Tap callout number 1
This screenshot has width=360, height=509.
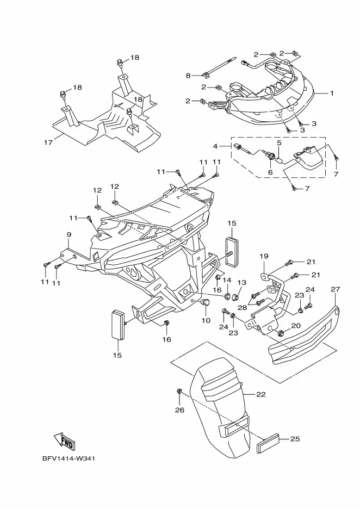pyautogui.click(x=332, y=94)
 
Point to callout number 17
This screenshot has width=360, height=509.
pyautogui.click(x=47, y=143)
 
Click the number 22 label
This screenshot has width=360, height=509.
pyautogui.click(x=261, y=394)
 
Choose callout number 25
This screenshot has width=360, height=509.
pyautogui.click(x=294, y=438)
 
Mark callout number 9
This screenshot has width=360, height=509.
pyautogui.click(x=69, y=234)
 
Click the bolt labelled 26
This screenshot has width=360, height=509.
pyautogui.click(x=179, y=392)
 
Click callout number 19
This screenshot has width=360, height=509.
pyautogui.click(x=264, y=256)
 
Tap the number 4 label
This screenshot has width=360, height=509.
pyautogui.click(x=215, y=146)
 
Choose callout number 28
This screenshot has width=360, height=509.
pyautogui.click(x=242, y=307)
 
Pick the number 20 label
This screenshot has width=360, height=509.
pyautogui.click(x=296, y=326)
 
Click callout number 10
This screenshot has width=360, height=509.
pyautogui.click(x=206, y=320)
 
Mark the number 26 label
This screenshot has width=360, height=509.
pyautogui.click(x=179, y=411)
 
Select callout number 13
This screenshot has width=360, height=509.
pyautogui.click(x=242, y=283)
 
